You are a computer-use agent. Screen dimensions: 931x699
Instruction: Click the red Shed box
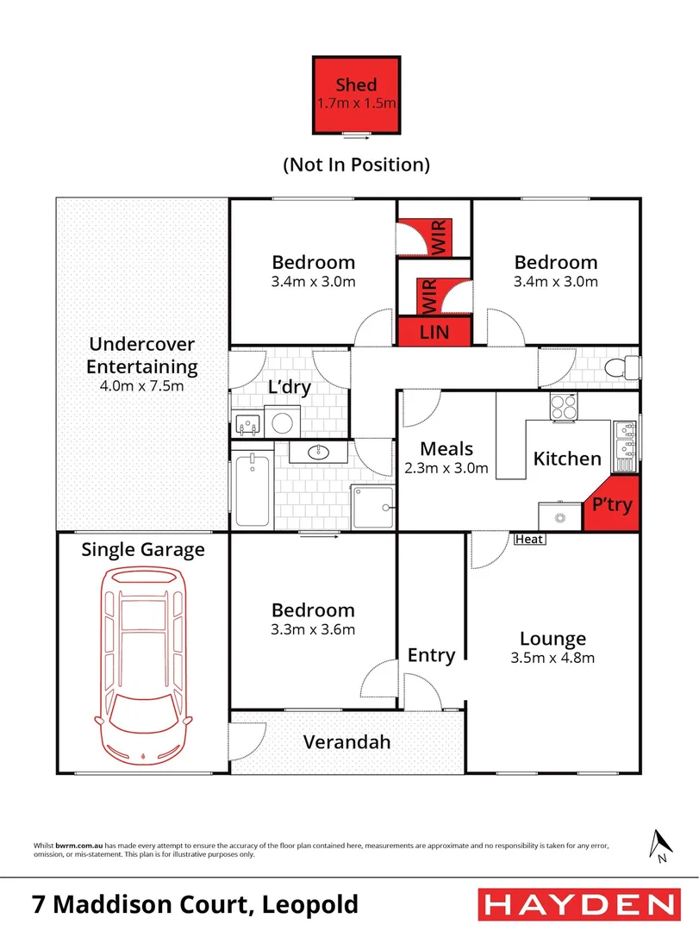click(356, 95)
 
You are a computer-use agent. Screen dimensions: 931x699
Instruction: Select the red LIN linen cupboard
click(434, 331)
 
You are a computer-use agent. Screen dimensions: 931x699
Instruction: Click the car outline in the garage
click(143, 664)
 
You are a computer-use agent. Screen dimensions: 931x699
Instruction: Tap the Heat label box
click(529, 540)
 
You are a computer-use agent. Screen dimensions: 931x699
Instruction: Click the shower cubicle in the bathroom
click(373, 505)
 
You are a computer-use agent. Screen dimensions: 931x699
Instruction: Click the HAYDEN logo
click(576, 904)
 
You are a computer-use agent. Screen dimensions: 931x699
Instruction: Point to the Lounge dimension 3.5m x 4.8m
click(552, 658)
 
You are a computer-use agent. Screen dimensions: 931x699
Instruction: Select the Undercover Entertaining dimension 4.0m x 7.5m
click(142, 386)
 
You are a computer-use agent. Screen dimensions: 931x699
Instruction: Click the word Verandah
click(346, 741)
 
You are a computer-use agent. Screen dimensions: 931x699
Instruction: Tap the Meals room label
click(446, 448)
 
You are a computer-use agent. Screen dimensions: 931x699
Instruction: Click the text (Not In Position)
click(356, 164)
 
